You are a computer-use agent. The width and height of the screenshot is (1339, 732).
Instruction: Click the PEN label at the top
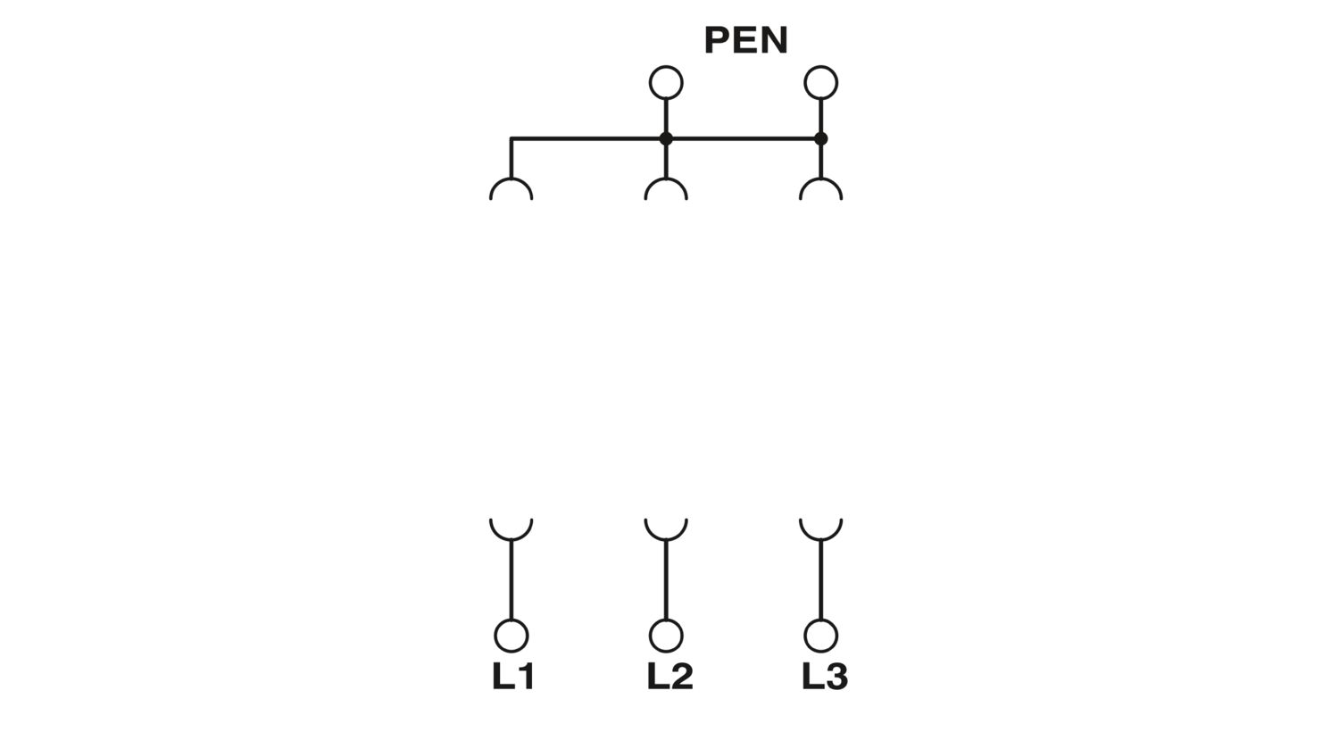[x=746, y=40]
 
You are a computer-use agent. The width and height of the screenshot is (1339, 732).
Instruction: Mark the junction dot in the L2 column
[x=666, y=138]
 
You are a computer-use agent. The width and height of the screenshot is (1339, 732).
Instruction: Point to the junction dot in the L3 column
[x=820, y=138]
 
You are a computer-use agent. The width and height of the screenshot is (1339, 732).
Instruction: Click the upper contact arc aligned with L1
[x=511, y=179]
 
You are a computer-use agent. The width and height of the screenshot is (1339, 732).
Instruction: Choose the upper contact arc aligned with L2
[x=666, y=179]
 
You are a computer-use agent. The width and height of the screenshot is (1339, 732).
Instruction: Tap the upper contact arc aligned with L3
[x=820, y=179]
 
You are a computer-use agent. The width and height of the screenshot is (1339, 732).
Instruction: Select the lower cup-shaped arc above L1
[x=511, y=539]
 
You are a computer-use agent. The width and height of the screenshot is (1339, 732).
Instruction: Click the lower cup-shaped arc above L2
[x=666, y=539]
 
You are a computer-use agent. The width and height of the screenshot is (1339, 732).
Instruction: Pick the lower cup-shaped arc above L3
[x=820, y=539]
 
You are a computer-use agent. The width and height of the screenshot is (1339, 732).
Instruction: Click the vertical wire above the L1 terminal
[x=511, y=579]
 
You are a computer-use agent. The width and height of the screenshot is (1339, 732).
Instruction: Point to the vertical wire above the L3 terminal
[x=820, y=579]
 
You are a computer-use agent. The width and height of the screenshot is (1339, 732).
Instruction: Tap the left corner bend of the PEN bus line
[x=511, y=138]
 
